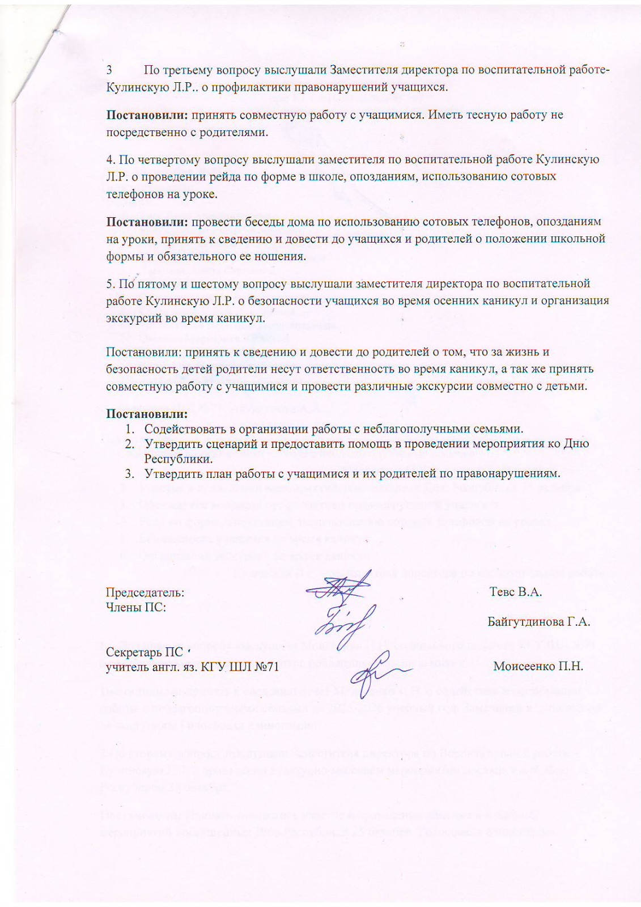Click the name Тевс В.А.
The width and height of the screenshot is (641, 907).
(x=516, y=592)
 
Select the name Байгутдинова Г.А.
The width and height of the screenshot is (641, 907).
(x=539, y=621)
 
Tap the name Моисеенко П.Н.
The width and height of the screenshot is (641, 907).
(x=538, y=666)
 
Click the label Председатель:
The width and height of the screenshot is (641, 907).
(x=145, y=592)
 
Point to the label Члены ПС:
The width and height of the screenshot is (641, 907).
(x=136, y=607)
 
